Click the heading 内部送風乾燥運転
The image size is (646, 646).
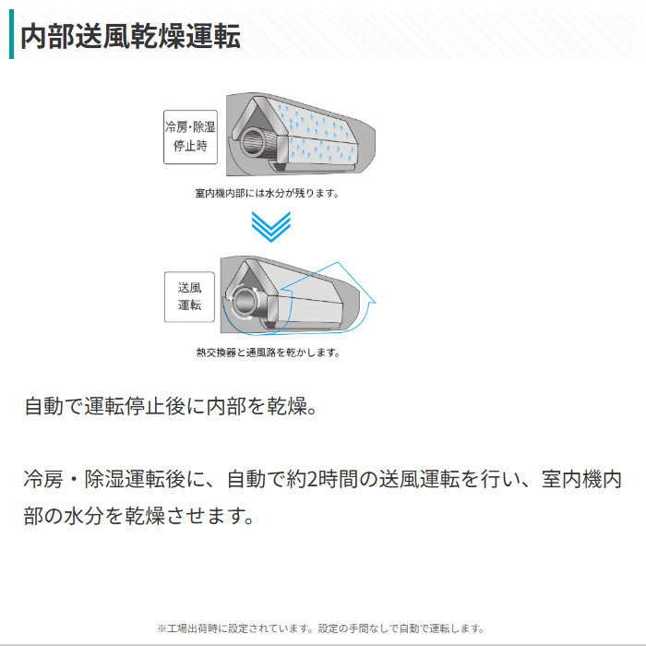click(131, 36)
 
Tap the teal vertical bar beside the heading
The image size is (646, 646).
click(11, 34)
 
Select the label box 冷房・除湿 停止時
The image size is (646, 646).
click(190, 137)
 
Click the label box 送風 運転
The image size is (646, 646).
click(189, 296)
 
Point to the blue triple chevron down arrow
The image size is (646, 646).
click(271, 227)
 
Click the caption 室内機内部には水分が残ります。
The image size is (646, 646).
click(267, 193)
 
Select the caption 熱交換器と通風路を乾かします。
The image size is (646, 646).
click(268, 353)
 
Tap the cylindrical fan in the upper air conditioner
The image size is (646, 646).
click(253, 142)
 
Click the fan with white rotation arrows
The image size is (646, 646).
click(244, 303)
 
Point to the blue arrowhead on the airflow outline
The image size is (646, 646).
click(370, 300)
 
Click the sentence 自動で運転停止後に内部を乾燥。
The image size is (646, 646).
click(171, 406)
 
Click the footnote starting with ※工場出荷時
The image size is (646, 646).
click(320, 628)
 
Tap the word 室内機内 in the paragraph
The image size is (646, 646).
click(581, 480)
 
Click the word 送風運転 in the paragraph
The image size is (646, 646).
click(419, 480)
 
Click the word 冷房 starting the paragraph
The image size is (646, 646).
click(43, 480)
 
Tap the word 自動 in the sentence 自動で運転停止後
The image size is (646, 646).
click(43, 406)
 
